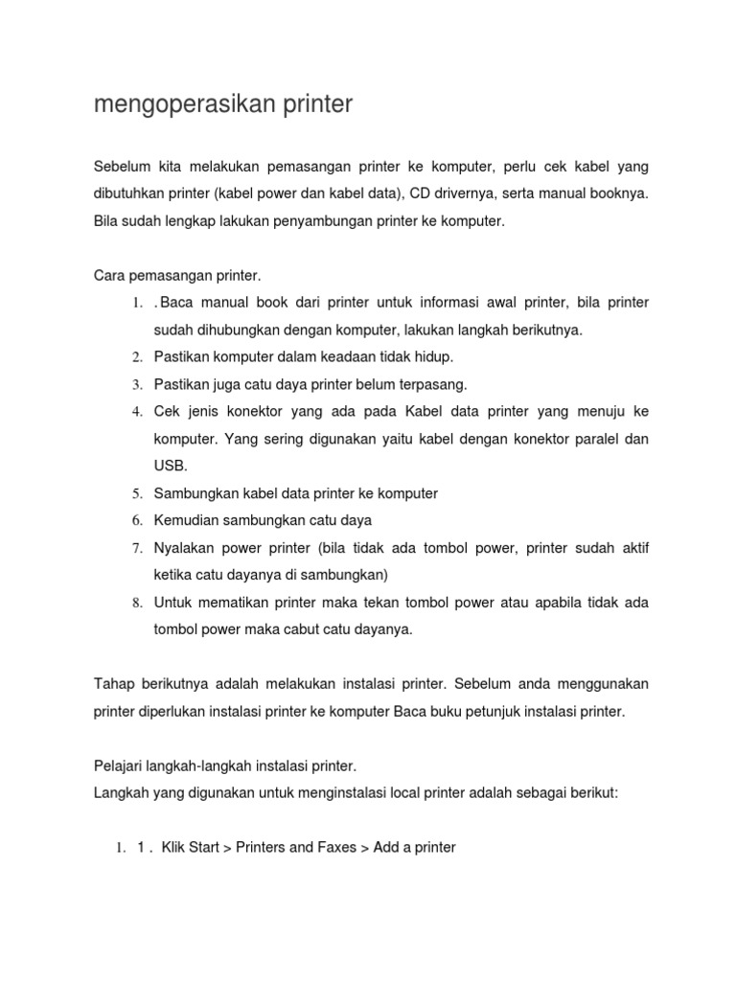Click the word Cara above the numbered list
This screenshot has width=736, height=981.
pos(110,276)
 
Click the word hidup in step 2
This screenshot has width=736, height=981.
pos(433,357)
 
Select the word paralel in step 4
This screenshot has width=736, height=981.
pos(590,439)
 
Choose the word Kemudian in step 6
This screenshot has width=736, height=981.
pos(188,520)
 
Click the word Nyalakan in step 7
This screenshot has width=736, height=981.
pos(186,548)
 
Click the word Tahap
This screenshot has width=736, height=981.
pos(114,684)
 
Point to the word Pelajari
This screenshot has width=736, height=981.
pos(120,766)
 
